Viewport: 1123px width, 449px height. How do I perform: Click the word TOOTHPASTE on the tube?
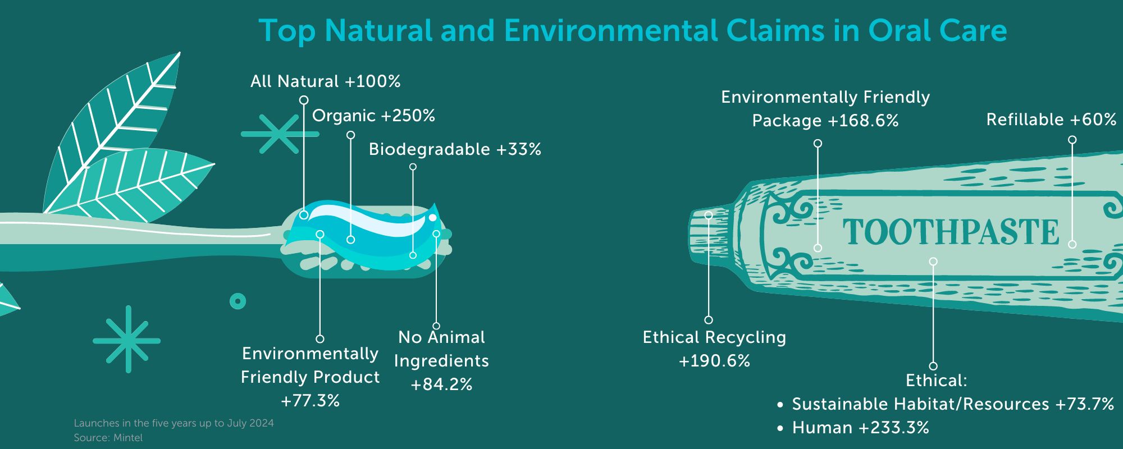(951, 232)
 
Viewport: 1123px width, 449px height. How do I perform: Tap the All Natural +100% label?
(326, 81)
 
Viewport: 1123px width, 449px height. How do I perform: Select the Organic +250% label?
(374, 116)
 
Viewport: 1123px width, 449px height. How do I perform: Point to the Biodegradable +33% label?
(455, 149)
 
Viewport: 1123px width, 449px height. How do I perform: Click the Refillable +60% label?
(1051, 120)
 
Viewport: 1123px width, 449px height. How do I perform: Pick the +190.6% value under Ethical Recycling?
(714, 361)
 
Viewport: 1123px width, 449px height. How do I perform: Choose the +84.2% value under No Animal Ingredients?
(441, 384)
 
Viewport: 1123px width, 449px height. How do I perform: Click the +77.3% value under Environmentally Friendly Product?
(310, 401)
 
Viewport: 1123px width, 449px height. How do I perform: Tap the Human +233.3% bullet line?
(853, 428)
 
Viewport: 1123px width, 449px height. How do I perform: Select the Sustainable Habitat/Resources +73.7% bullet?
(946, 404)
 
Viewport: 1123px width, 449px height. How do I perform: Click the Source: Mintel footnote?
(108, 438)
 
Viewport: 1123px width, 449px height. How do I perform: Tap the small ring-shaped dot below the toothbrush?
(238, 301)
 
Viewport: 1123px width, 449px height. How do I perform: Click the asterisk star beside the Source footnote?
(127, 340)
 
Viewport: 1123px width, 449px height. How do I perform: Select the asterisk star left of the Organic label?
(279, 134)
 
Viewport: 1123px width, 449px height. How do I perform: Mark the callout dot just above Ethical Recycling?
(709, 320)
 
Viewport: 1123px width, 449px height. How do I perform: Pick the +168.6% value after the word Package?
(863, 121)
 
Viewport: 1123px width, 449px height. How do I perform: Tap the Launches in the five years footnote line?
(174, 423)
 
